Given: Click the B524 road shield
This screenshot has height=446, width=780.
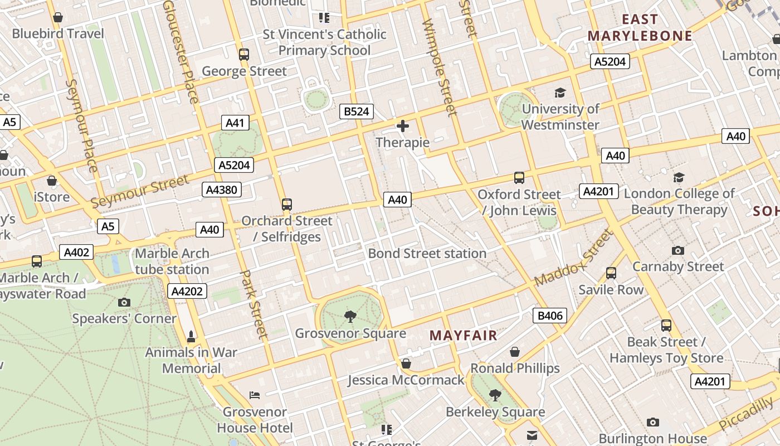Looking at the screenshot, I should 356,111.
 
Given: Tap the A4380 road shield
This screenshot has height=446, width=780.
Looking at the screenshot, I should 221,190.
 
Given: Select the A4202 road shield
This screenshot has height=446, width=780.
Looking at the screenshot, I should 187,291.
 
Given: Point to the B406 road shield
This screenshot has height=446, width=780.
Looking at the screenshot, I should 549,316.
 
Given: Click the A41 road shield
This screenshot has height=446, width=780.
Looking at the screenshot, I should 235,123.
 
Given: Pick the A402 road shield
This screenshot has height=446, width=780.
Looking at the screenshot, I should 76,253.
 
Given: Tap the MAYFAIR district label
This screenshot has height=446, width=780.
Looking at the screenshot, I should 463,336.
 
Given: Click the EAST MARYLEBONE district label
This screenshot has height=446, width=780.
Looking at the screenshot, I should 640,28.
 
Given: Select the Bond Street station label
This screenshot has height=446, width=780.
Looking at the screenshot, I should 427,254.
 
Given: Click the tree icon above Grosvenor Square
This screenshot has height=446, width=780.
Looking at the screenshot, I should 350,317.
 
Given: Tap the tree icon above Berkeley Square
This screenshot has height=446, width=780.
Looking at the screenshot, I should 495,395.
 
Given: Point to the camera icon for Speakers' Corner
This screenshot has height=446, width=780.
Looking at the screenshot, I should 124,302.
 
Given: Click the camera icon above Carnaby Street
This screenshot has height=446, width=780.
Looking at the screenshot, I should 678,250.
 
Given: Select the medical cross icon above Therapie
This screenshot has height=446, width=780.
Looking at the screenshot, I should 402,126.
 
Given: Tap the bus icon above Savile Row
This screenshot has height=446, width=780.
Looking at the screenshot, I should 611,273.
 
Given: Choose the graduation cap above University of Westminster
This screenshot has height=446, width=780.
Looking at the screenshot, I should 560,93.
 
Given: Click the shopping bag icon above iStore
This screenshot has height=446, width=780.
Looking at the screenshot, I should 52,181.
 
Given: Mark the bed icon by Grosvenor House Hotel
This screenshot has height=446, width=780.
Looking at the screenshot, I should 255,395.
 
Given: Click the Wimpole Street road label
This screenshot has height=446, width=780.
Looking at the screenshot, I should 440,67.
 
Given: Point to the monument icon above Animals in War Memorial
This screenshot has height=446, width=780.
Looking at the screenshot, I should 191,336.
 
